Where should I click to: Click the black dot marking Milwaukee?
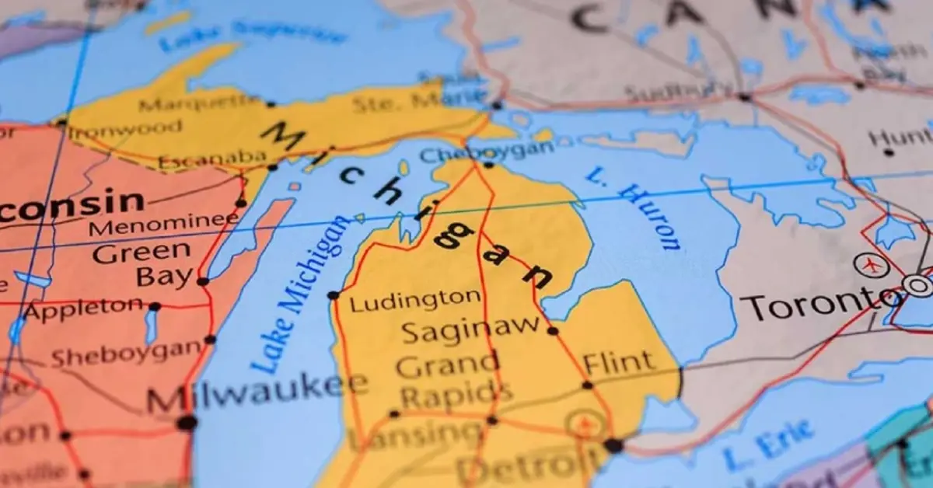[x=187, y=423]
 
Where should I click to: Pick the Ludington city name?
[x=415, y=300]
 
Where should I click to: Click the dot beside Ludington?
[x=334, y=295]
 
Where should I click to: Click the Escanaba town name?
[x=211, y=160]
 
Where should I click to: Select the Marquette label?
[x=201, y=103]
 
